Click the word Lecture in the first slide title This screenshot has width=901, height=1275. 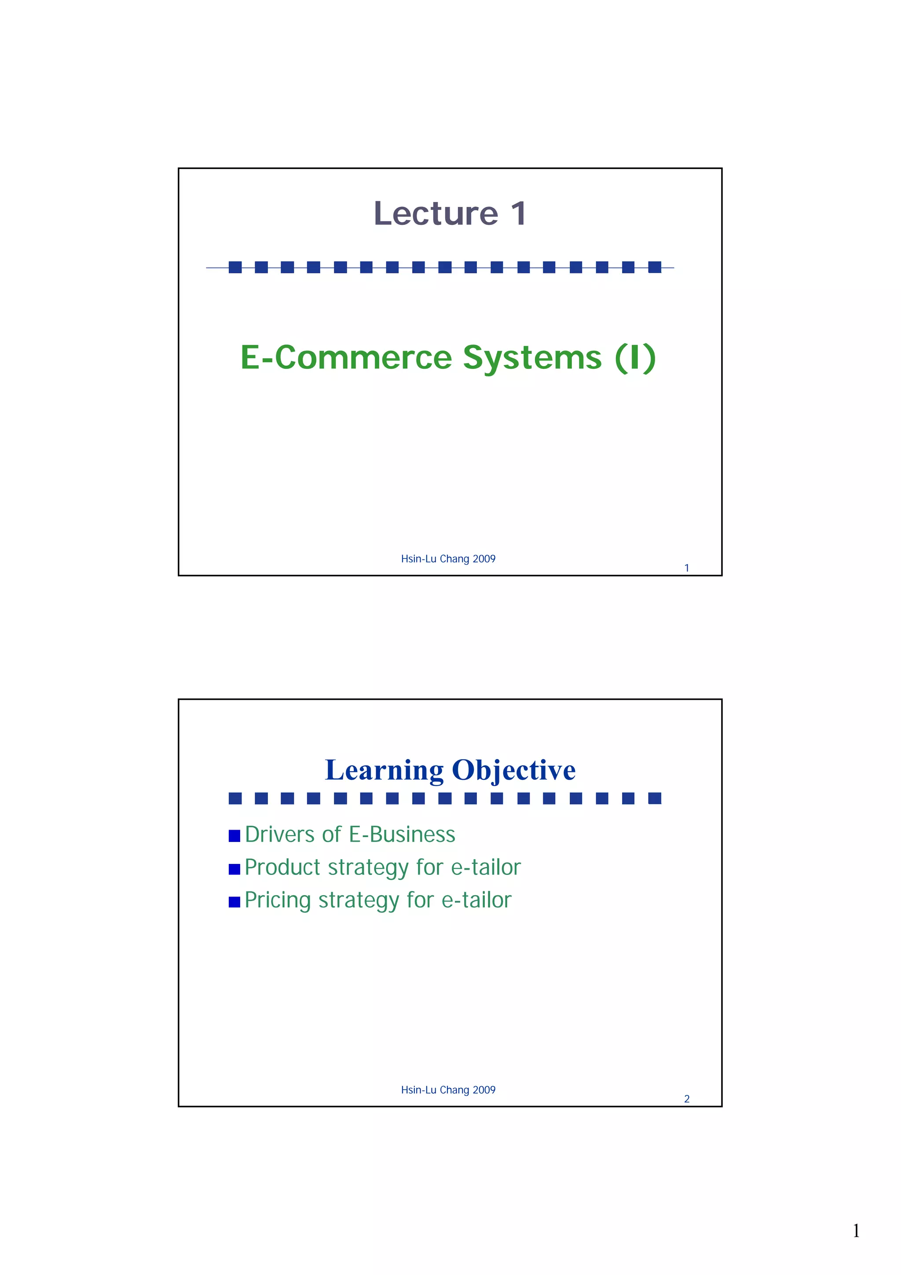point(436,214)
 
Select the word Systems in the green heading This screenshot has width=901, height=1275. point(532,358)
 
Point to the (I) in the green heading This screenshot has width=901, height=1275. point(635,358)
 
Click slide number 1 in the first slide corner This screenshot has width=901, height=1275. point(687,568)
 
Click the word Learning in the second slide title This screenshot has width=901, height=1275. point(384,771)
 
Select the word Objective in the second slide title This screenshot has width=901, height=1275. point(513,771)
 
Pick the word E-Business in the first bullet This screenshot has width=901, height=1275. point(402,834)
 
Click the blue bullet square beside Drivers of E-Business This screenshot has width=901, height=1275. point(234,836)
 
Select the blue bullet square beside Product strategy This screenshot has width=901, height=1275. point(234,868)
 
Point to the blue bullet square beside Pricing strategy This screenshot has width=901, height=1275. point(234,901)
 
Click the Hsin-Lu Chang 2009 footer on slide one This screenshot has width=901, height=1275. point(448,559)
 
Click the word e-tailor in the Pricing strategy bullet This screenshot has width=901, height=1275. point(476,900)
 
